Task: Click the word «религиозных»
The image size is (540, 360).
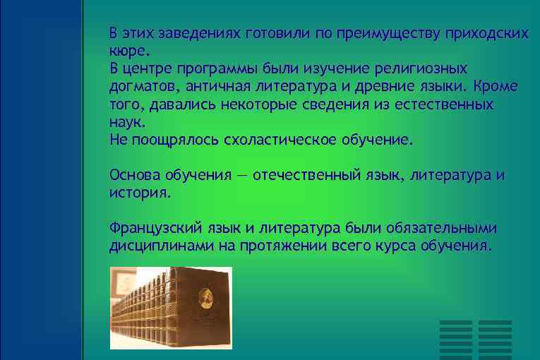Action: click(422, 69)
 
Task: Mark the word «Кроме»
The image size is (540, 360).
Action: click(496, 87)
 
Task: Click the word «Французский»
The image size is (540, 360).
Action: click(155, 228)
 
